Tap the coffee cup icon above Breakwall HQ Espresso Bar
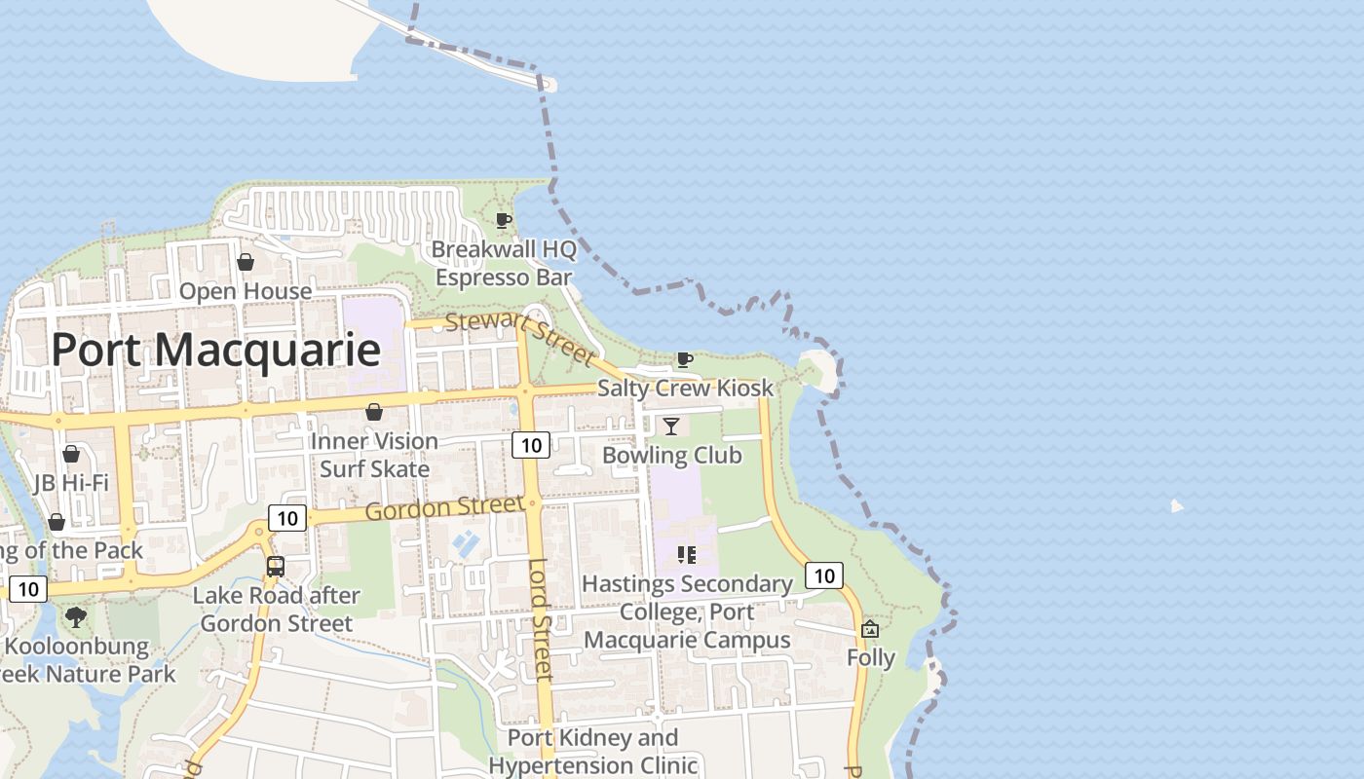click(x=503, y=221)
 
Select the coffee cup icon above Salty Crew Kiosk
click(x=685, y=360)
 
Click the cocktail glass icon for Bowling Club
click(x=671, y=427)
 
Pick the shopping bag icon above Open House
click(x=246, y=263)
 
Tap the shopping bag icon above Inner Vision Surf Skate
click(x=373, y=413)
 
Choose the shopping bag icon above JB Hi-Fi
click(x=71, y=455)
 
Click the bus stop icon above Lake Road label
click(x=276, y=567)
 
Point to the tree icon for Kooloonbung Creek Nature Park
click(x=75, y=617)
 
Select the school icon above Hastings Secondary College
click(x=687, y=555)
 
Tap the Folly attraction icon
click(x=870, y=629)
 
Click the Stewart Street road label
click(x=519, y=337)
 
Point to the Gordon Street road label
click(x=444, y=508)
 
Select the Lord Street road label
click(x=541, y=619)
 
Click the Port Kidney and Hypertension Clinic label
click(x=592, y=752)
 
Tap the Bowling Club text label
click(x=672, y=456)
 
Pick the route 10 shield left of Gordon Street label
click(x=287, y=518)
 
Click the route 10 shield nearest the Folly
click(x=824, y=575)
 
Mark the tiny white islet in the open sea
click(x=1177, y=505)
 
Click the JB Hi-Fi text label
click(x=71, y=483)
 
